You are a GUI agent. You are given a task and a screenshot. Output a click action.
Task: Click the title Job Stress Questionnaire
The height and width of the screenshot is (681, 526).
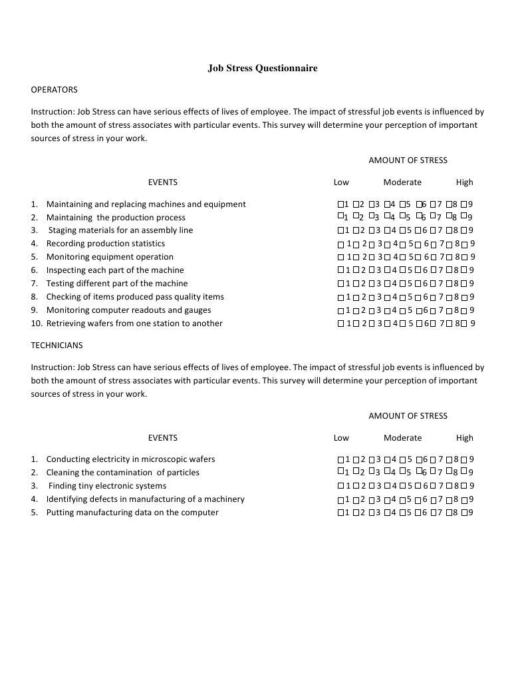[263, 68]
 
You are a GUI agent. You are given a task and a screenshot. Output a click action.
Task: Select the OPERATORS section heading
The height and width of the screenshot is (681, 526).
[54, 89]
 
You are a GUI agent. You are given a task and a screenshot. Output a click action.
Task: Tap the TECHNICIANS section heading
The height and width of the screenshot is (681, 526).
[57, 345]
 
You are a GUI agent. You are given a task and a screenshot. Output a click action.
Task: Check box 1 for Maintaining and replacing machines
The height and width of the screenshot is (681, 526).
[341, 204]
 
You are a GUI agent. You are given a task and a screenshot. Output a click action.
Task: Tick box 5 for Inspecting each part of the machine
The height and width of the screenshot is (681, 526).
[402, 270]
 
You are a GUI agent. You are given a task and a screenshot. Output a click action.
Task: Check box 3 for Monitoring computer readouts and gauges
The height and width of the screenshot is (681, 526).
[372, 310]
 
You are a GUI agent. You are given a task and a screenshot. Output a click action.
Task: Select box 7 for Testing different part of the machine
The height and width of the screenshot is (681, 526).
[434, 284]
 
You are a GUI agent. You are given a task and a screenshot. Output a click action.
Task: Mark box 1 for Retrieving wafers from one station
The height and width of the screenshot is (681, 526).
[341, 324]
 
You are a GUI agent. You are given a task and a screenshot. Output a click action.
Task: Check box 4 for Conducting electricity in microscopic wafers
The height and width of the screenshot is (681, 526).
[387, 459]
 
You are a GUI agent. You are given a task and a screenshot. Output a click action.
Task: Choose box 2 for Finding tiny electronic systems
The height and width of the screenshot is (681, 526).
[356, 486]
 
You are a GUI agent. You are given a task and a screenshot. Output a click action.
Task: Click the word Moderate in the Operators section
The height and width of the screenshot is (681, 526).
[402, 182]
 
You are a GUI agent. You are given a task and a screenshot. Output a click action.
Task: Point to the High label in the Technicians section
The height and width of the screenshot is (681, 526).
[465, 437]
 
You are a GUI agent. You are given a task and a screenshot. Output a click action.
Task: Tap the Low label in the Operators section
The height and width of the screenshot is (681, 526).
[341, 182]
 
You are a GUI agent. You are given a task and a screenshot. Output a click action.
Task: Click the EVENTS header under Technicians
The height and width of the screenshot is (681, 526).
[163, 437]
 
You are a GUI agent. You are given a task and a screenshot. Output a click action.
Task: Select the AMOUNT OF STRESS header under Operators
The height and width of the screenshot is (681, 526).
[408, 160]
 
